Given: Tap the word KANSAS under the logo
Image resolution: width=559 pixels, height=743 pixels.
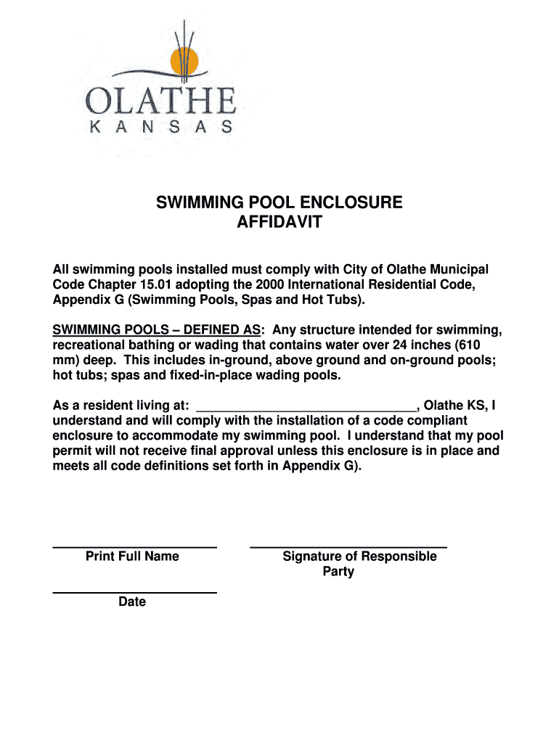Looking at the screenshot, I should coord(160,127).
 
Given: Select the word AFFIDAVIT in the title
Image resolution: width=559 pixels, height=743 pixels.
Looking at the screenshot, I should coord(279,222).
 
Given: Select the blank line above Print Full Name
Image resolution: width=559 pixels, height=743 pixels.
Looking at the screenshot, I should coord(134,546).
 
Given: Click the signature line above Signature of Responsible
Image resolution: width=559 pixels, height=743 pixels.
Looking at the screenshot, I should coord(348,546).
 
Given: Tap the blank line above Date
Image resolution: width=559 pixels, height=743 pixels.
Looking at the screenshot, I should coord(134,593).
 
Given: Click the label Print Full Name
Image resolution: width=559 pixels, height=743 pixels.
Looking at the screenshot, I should coord(132,557).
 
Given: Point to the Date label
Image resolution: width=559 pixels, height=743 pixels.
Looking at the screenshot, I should coord(132,602).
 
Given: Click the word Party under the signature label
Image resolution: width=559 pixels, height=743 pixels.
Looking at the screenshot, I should coord(338,572).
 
